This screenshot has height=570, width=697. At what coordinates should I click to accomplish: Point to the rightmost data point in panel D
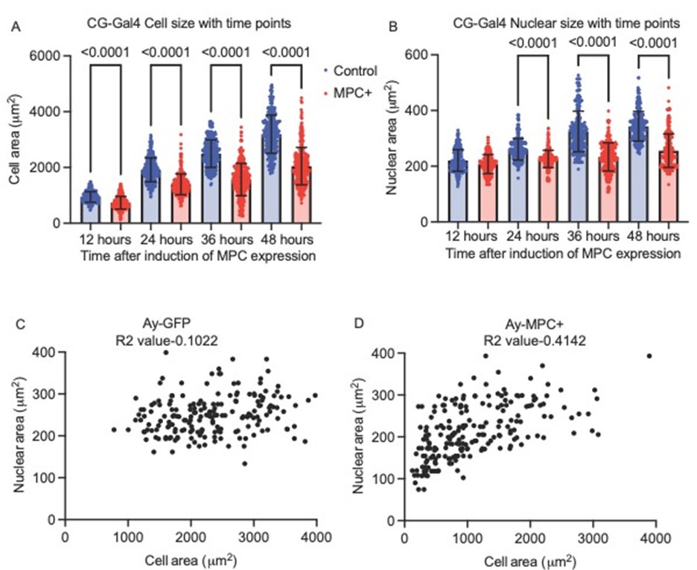pyautogui.click(x=649, y=356)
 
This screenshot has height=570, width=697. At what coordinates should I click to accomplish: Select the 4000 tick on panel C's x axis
pyautogui.click(x=316, y=536)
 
